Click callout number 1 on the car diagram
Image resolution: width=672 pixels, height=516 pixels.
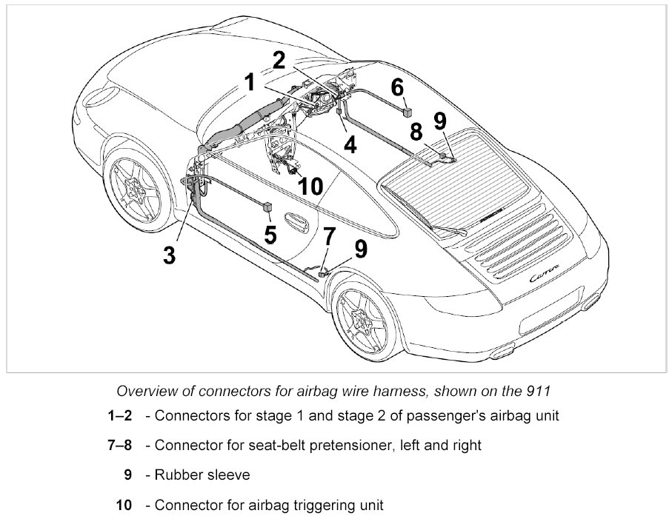tap(250, 81)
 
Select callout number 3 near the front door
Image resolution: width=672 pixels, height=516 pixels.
tap(170, 255)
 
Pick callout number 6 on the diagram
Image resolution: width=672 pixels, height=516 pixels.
tap(398, 87)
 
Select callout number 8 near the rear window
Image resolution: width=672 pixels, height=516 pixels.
tap(416, 132)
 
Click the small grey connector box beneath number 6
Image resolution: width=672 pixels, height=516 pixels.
tap(407, 111)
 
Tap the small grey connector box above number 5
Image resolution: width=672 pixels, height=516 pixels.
tap(267, 207)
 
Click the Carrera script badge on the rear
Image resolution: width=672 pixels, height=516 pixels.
tap(546, 275)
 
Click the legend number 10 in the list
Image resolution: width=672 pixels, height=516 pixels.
tap(124, 505)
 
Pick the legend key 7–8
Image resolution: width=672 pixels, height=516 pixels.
tap(119, 445)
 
